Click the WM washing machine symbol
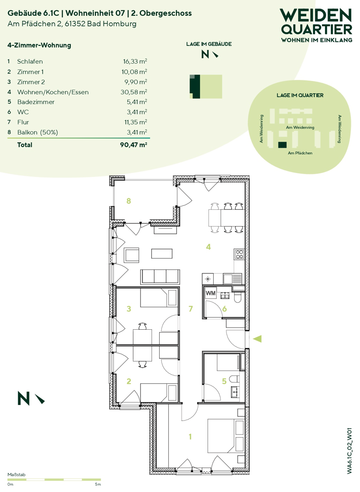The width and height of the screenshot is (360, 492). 211,293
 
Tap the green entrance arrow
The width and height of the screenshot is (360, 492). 257,339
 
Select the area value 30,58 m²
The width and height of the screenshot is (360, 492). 134,92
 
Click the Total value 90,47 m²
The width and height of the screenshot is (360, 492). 134,145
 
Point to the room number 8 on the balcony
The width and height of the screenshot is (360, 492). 128,201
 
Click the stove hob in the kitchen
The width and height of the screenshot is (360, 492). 239,254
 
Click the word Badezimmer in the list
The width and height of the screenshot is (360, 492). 36,102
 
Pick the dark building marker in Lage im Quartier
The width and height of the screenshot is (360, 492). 282,145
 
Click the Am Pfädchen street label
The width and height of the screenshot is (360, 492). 300,153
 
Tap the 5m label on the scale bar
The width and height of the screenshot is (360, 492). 98,484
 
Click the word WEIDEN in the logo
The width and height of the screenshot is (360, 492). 316,15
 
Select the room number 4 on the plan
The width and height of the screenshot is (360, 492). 208,247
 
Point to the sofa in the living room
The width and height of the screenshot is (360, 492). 160,277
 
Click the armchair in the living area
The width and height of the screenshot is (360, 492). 132,255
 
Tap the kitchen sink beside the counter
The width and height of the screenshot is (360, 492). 232,278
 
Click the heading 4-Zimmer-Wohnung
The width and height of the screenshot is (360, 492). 39,45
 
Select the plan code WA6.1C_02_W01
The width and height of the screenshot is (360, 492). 350,450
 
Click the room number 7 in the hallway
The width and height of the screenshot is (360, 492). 190,309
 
